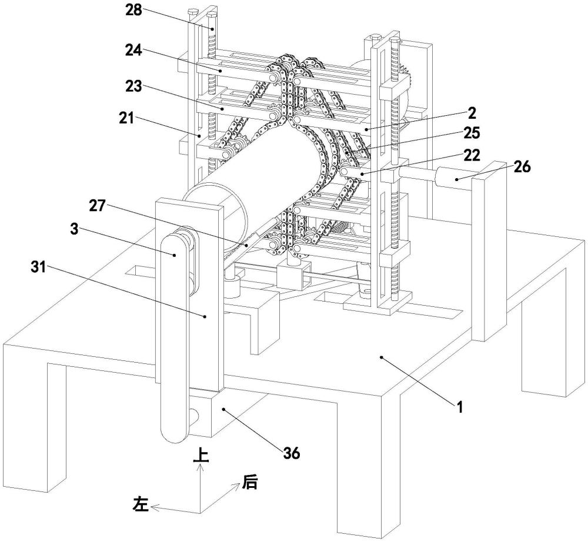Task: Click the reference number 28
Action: [133, 9]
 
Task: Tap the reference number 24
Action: [133, 50]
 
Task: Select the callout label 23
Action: [133, 86]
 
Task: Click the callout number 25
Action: [472, 133]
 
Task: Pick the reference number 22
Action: [472, 155]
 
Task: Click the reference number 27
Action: [97, 205]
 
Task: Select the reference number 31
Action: [38, 267]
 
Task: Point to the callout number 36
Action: [292, 454]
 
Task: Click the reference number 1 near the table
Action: [459, 407]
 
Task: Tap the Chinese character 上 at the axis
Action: [201, 456]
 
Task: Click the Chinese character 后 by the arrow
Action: [250, 482]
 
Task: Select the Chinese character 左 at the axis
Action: [141, 504]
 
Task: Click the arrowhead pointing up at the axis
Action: [201, 467]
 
